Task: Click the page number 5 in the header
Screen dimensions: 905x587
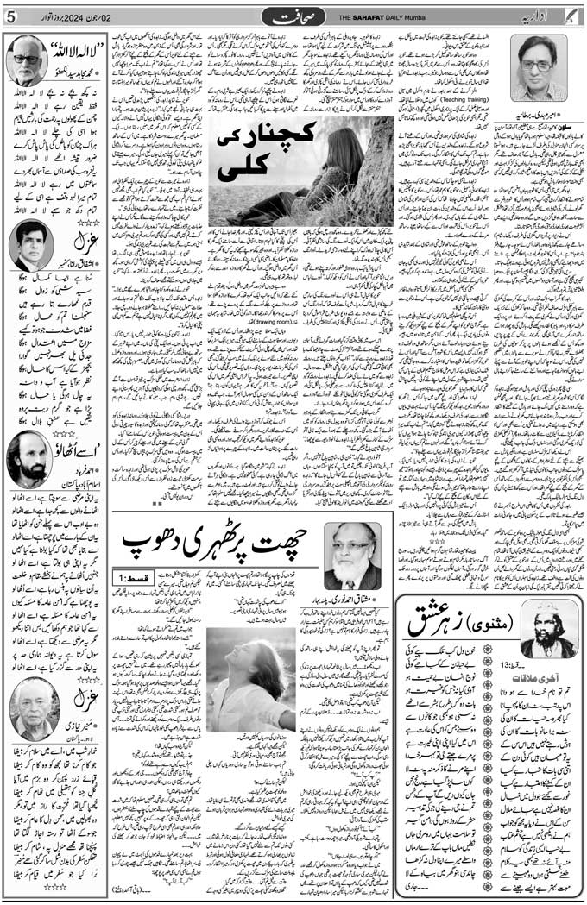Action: point(10,16)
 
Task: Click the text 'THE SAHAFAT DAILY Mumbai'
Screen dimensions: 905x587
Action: point(382,16)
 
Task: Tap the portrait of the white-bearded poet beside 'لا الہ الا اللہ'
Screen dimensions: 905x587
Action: point(27,61)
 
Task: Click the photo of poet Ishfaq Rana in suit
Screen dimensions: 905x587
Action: point(31,244)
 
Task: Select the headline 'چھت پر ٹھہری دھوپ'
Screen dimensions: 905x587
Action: point(217,543)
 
